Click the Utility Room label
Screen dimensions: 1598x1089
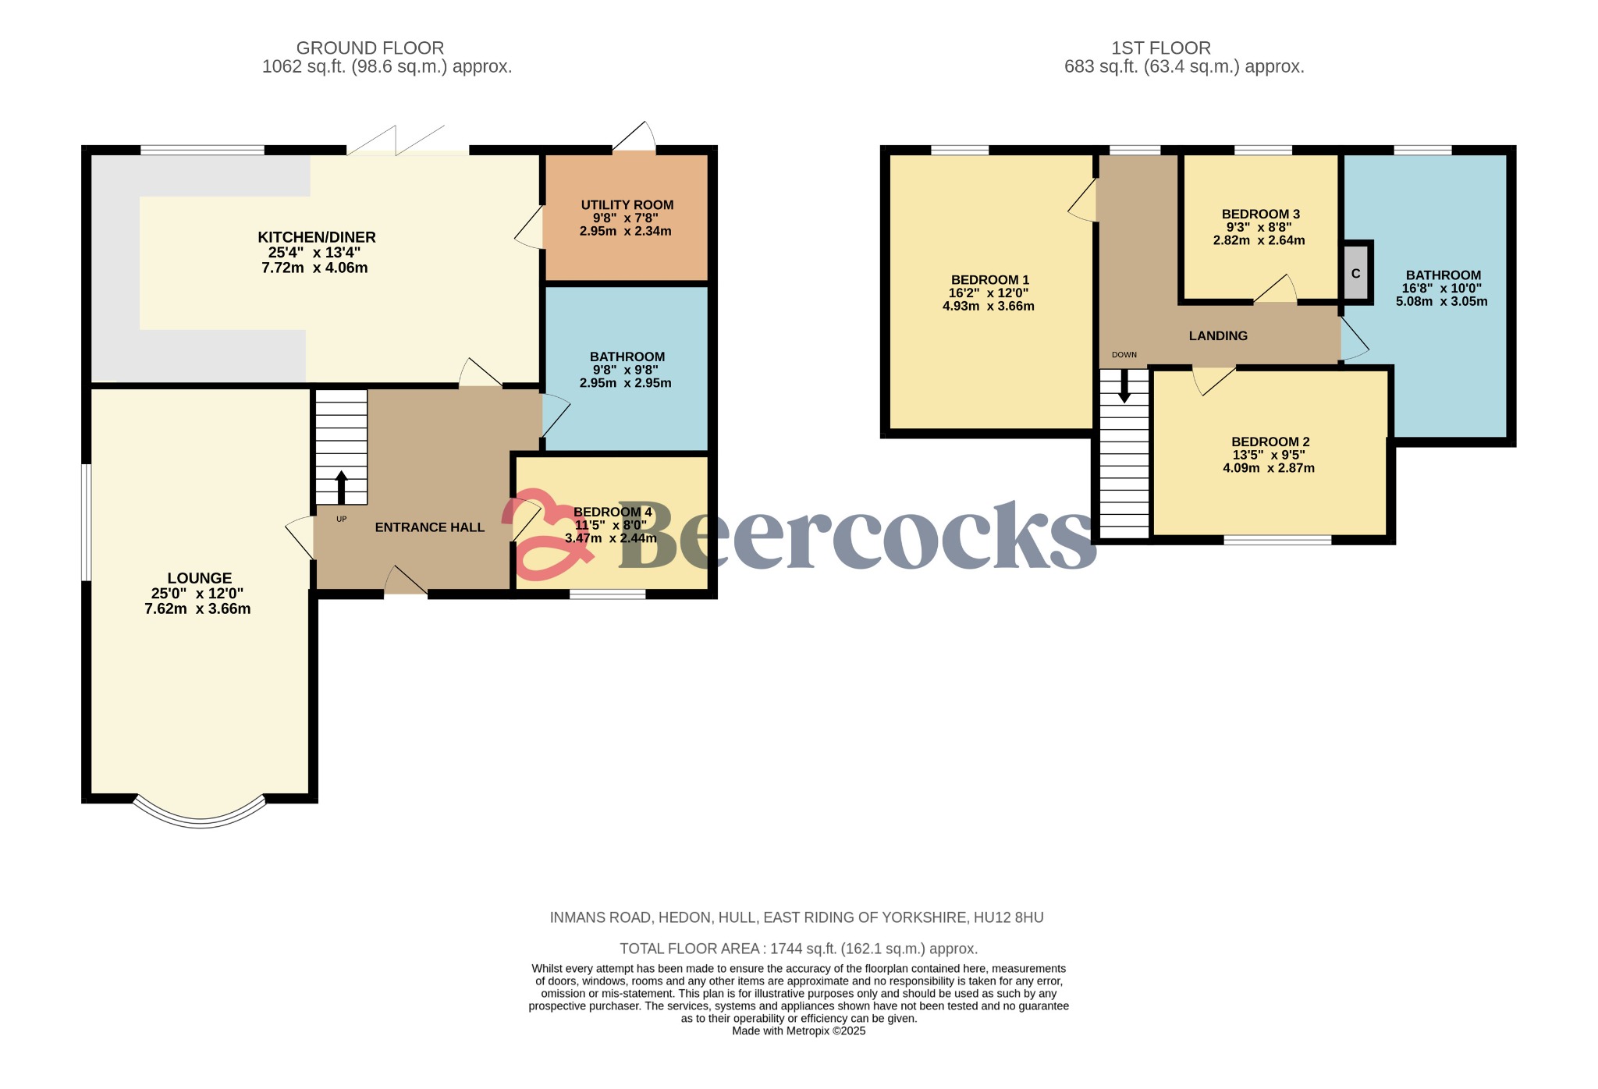coord(627,205)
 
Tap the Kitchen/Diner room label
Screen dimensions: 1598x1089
coord(317,237)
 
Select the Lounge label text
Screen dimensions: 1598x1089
coord(200,578)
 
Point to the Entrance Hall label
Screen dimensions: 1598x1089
coord(430,527)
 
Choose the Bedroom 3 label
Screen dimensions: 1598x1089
coord(1260,215)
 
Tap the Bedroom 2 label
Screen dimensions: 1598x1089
coord(1270,442)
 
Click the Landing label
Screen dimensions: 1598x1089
coord(1218,335)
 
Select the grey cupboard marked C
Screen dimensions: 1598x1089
coord(1356,273)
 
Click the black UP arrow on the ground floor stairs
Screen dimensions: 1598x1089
coord(341,488)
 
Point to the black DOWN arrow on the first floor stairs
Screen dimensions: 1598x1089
coord(1124,386)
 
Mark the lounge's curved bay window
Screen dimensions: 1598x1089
coord(201,816)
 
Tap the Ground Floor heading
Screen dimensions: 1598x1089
coord(370,48)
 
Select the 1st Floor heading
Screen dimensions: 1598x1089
coord(1161,48)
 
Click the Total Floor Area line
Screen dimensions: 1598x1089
coord(798,949)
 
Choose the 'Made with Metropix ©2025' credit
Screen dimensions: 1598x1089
coord(798,1030)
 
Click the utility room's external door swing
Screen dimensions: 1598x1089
coord(634,137)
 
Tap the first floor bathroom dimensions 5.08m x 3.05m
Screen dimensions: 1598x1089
coord(1441,301)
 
